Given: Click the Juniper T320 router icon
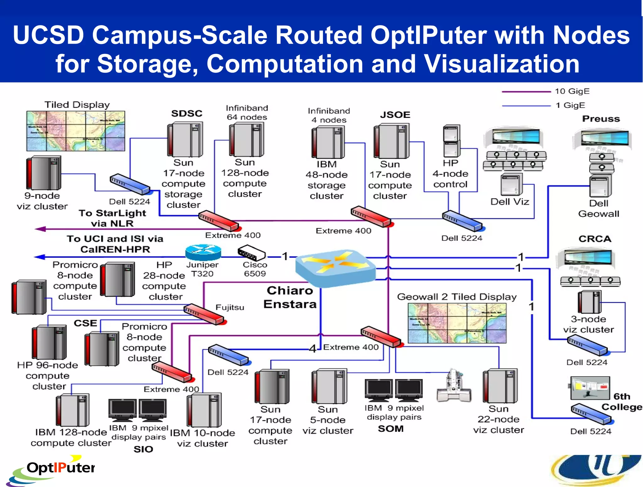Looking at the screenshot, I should click(203, 252).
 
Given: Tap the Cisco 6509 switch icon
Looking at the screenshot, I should click(251, 253).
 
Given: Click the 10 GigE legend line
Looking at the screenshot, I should click(526, 92).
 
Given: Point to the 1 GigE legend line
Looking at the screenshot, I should click(526, 106).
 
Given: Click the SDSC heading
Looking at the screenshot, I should click(186, 114).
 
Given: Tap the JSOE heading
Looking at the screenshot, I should click(395, 115).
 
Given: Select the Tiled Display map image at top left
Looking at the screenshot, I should click(76, 131).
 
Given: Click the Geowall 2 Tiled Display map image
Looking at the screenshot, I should click(457, 323).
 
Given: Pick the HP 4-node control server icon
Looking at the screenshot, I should click(451, 141).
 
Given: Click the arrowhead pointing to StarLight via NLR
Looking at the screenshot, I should click(40, 229).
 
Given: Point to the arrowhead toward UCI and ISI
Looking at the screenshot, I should click(39, 257).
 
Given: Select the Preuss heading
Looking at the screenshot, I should click(601, 119).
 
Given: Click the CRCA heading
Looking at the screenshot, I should click(595, 239).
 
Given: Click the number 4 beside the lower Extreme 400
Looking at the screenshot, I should click(312, 348).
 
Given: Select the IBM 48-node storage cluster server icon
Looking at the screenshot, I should click(328, 142).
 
